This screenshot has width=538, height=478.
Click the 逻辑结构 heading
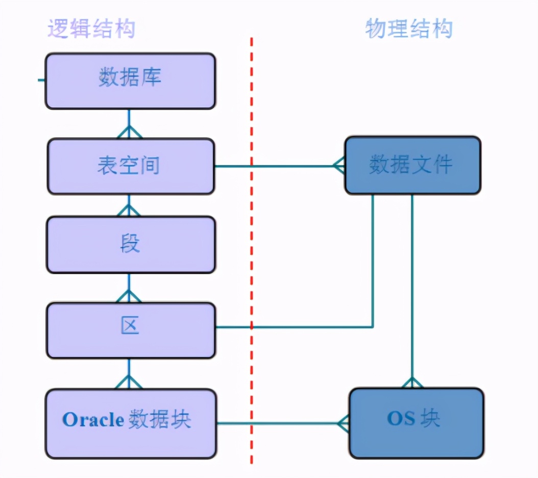tap(91, 29)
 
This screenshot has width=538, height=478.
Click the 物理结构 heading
tap(409, 29)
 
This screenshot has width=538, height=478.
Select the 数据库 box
tap(130, 81)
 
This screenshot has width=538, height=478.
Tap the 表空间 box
tap(130, 166)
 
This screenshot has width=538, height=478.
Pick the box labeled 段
tap(130, 244)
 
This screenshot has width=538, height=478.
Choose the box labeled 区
tap(130, 330)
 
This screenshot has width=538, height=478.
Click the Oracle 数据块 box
tap(130, 423)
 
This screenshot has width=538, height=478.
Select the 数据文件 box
tap(412, 165)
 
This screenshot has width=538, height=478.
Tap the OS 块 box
tap(416, 423)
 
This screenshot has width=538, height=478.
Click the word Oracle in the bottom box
tap(93, 420)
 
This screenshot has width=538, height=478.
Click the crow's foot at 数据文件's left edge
tap(339, 165)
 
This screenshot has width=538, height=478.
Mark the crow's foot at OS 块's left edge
tap(343, 423)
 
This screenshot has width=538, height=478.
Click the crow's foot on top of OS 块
tap(412, 383)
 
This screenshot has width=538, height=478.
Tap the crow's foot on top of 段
tap(129, 210)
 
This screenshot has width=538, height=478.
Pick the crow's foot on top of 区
tap(129, 296)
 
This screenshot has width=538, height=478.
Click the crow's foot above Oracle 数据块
tap(129, 381)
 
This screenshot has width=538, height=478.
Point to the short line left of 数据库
tap(41, 81)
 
